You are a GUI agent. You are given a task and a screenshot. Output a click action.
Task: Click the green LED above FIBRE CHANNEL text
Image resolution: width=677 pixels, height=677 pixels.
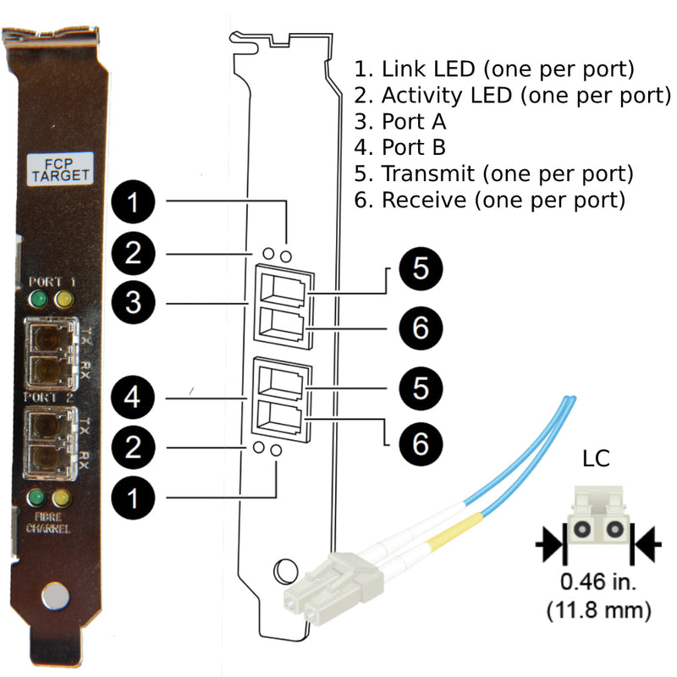(x=37, y=498)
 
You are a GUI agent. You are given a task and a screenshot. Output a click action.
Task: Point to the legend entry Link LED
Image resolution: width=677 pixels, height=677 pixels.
(x=495, y=69)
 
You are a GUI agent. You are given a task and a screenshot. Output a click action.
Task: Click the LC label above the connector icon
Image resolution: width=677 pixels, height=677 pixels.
(x=597, y=460)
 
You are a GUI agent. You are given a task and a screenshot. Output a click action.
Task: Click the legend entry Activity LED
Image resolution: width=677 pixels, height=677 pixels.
(x=513, y=95)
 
